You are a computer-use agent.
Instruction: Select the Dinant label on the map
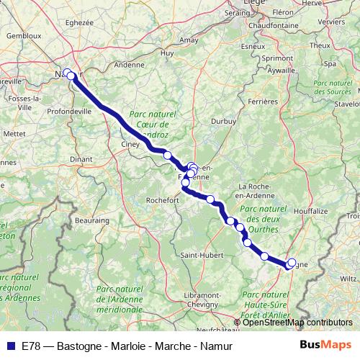[x=81, y=158]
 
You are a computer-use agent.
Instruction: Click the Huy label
[x=168, y=53]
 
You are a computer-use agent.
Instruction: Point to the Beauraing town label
[x=91, y=220]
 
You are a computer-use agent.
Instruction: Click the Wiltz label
[x=348, y=277]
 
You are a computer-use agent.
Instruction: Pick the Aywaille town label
[x=281, y=71]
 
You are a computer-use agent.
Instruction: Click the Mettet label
[x=14, y=133]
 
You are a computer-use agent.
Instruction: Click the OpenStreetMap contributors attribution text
[x=296, y=323]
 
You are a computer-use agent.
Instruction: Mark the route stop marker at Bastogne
[x=291, y=264]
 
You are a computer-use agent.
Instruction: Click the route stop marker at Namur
[x=69, y=73]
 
